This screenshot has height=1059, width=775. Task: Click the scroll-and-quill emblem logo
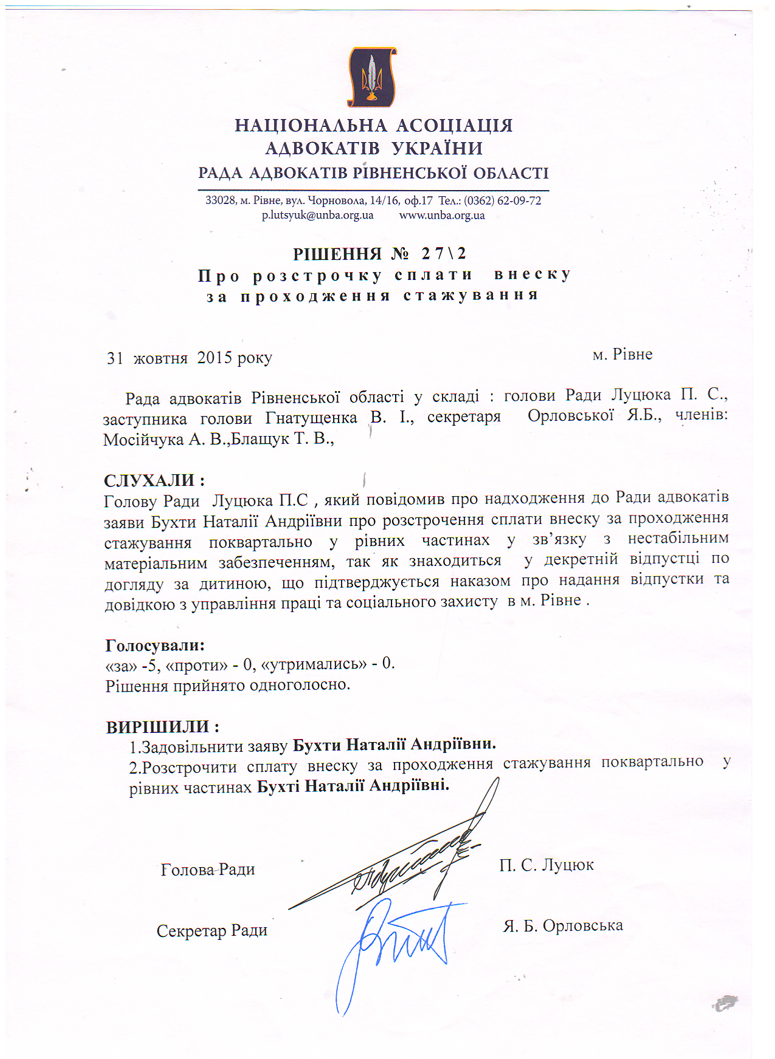[371, 77]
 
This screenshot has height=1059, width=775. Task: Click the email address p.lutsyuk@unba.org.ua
[317, 216]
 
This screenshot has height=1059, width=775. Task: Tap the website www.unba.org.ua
[442, 216]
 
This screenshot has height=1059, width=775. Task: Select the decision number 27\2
[444, 253]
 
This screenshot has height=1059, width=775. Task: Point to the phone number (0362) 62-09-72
[502, 201]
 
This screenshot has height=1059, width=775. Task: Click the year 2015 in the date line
[215, 358]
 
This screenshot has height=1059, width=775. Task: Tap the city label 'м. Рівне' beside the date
[622, 355]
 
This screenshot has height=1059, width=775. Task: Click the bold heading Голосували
[154, 645]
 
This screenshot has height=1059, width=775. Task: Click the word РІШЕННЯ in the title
[337, 254]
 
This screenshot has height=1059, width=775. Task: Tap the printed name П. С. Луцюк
[546, 865]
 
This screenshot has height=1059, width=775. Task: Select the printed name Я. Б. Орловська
[563, 926]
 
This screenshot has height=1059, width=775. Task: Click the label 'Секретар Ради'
[212, 931]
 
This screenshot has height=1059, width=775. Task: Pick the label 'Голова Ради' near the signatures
[208, 870]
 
